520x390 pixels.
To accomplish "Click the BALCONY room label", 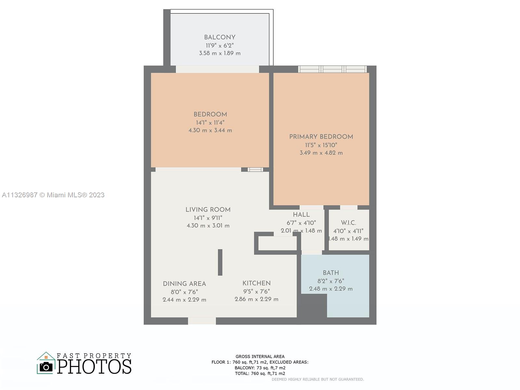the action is pos(220,37).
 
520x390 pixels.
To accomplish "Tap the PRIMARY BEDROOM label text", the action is pos(321,136).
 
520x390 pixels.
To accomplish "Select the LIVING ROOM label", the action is pos(208,210).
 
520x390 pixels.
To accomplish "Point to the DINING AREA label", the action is pos(184,284).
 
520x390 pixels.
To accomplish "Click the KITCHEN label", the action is pos(256,283).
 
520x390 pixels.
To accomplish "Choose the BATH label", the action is pos(331,273).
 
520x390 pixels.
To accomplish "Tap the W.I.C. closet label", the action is pos(348,223).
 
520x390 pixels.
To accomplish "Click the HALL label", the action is pos(301,214).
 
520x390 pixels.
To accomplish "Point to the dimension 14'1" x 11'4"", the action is pos(210,123).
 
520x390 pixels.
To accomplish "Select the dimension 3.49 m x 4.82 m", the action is pos(321,153).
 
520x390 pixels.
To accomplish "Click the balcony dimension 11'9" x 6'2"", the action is pos(220,45).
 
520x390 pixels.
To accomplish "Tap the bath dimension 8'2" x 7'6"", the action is pos(331,281).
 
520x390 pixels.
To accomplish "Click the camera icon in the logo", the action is pos(46,367).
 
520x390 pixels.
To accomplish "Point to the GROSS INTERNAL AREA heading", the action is pos(260,357).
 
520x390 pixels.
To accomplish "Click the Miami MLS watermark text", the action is pos(53,195).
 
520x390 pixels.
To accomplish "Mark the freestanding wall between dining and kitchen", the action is pos(220,262).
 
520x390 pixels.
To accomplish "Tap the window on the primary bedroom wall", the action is pos(332,69).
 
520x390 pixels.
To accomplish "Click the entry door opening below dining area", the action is pos(202,321).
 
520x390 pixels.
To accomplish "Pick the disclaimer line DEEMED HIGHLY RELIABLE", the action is pos(318,379).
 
